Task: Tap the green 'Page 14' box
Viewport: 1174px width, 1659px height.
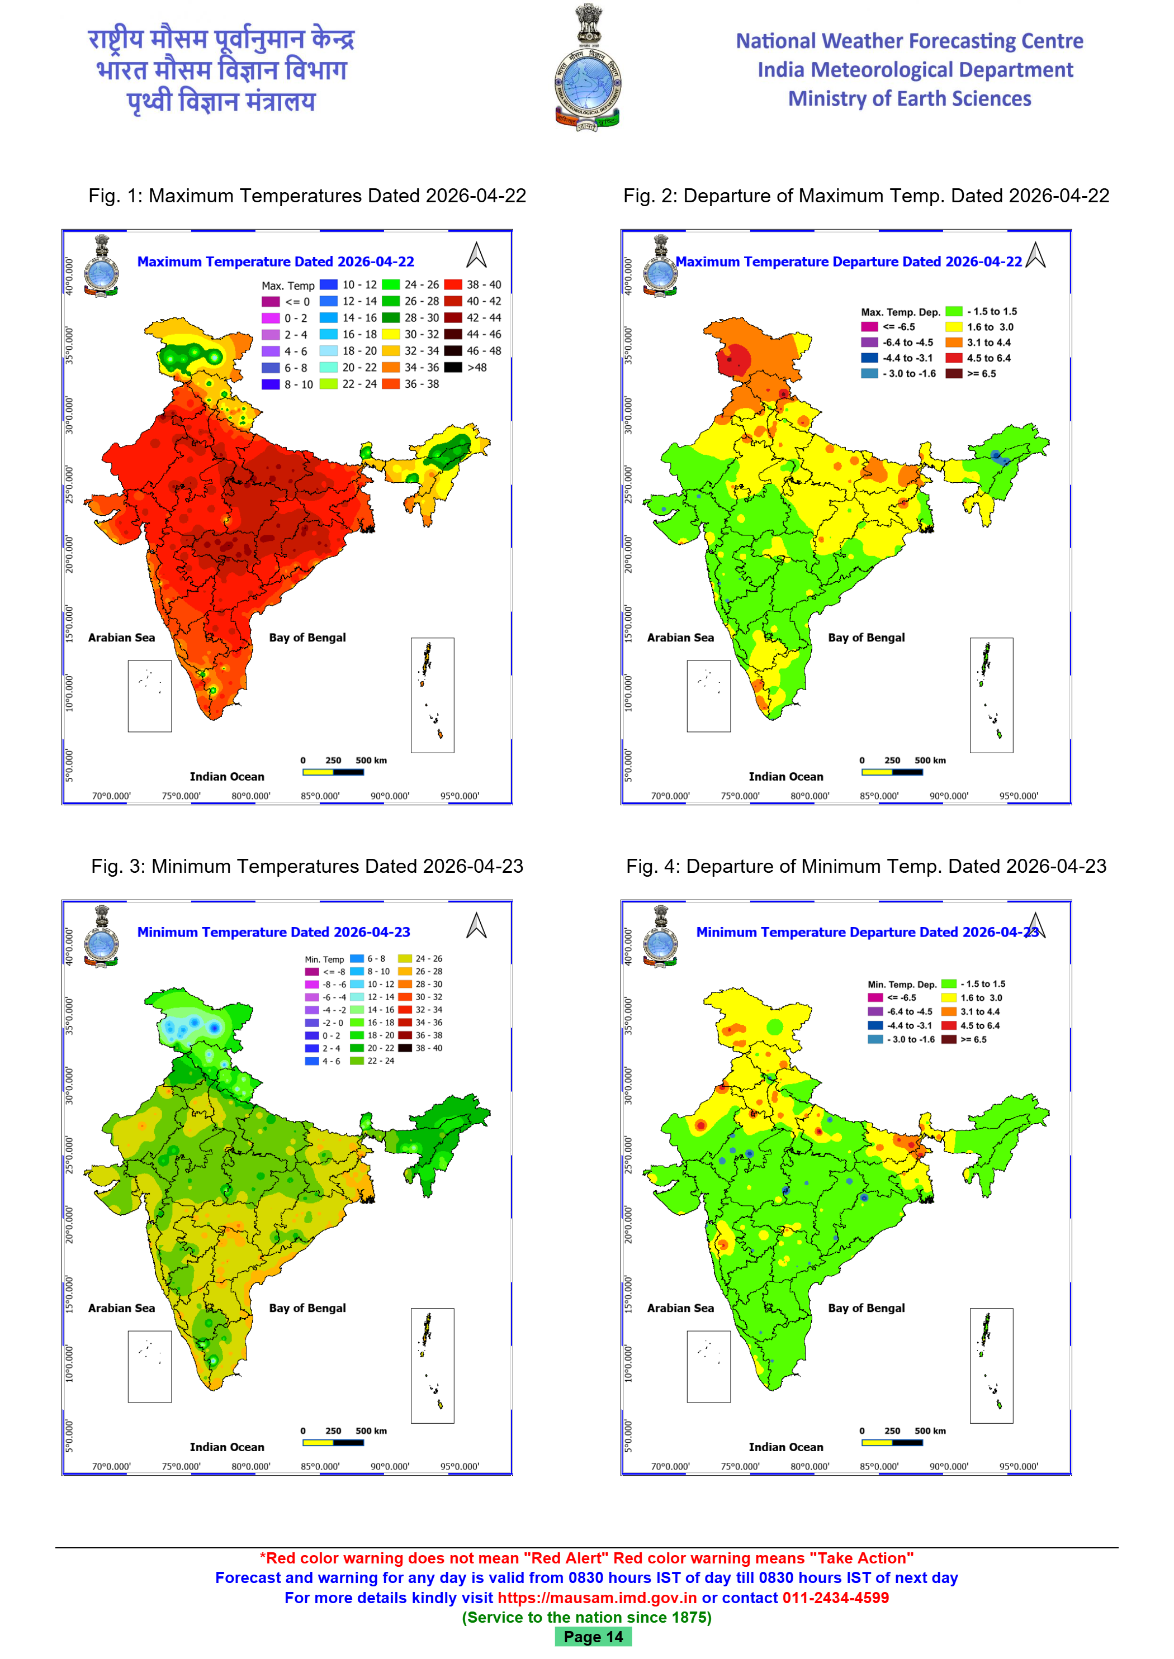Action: (x=593, y=1637)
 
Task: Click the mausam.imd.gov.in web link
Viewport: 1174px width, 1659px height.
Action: (x=597, y=1598)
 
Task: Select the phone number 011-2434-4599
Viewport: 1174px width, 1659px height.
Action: (x=835, y=1598)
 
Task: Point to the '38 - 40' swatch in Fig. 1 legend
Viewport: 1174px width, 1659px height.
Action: (x=453, y=284)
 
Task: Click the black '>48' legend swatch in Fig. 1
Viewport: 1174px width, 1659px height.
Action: (x=453, y=367)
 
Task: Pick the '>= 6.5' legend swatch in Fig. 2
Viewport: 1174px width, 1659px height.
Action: (x=954, y=374)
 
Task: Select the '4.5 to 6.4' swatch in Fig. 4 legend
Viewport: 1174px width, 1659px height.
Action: (x=949, y=1025)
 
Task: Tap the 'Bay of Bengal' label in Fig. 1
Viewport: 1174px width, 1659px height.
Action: (x=307, y=638)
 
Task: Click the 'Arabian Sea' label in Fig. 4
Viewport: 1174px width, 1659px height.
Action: (x=680, y=1308)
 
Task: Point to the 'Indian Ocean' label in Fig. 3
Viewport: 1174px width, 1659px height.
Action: (x=227, y=1447)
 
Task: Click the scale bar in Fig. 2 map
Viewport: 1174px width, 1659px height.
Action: (x=892, y=772)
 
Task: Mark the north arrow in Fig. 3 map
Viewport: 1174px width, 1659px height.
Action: (x=476, y=925)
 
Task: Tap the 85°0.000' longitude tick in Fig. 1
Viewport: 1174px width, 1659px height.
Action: (x=320, y=796)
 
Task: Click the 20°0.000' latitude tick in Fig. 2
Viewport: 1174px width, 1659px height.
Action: (x=628, y=554)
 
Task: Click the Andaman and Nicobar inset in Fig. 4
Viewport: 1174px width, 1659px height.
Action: (x=991, y=1366)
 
